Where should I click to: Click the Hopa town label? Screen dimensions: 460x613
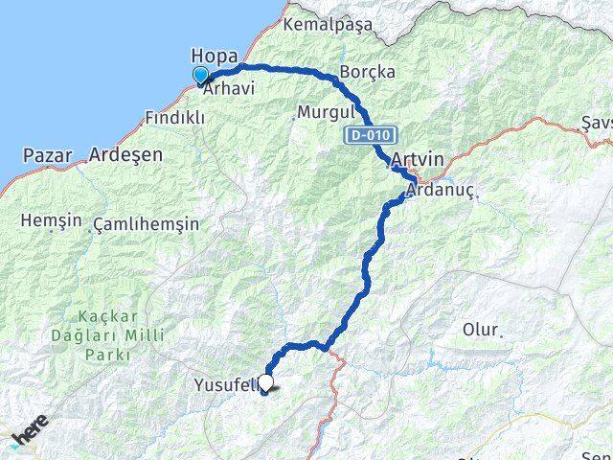point(214,55)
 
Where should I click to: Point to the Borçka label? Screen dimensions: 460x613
point(368,72)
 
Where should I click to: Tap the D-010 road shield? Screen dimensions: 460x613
point(367,137)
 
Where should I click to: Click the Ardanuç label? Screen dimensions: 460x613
point(440,192)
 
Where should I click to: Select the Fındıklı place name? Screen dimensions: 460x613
point(173,118)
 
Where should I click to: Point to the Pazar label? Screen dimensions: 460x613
point(47,154)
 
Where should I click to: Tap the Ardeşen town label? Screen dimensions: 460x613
point(125,154)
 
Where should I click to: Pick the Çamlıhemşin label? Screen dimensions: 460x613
point(147,224)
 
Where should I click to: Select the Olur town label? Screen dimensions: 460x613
point(481,330)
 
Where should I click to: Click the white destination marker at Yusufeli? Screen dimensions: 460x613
point(266,382)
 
